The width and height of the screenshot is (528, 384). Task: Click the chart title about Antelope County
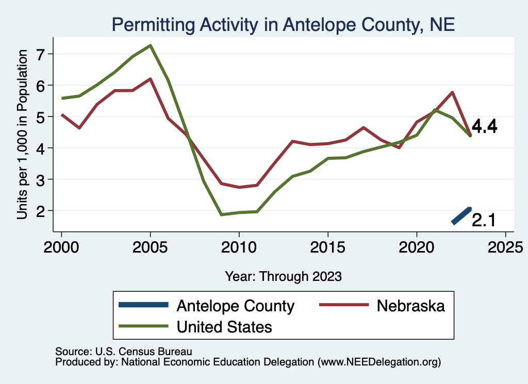click(x=283, y=24)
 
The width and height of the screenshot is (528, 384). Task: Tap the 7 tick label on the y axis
click(x=42, y=54)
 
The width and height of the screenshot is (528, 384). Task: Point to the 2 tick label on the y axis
click(x=42, y=211)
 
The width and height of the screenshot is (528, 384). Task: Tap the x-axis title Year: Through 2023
click(x=283, y=276)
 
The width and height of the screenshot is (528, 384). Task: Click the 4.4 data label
click(x=484, y=127)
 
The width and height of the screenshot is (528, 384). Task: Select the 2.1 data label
click(x=484, y=221)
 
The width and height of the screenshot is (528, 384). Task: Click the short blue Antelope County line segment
click(x=461, y=215)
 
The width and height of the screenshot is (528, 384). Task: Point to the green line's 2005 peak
click(x=150, y=45)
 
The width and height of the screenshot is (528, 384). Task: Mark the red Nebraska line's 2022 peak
click(x=452, y=92)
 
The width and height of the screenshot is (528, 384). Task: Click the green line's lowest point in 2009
click(x=221, y=214)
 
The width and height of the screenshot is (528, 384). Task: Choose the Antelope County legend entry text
click(x=235, y=306)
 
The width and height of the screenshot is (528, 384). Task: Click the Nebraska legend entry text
click(x=410, y=306)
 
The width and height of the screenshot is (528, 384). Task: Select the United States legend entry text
click(x=224, y=326)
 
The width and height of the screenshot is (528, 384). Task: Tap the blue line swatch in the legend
click(x=143, y=305)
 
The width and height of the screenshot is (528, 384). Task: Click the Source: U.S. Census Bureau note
click(x=123, y=352)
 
